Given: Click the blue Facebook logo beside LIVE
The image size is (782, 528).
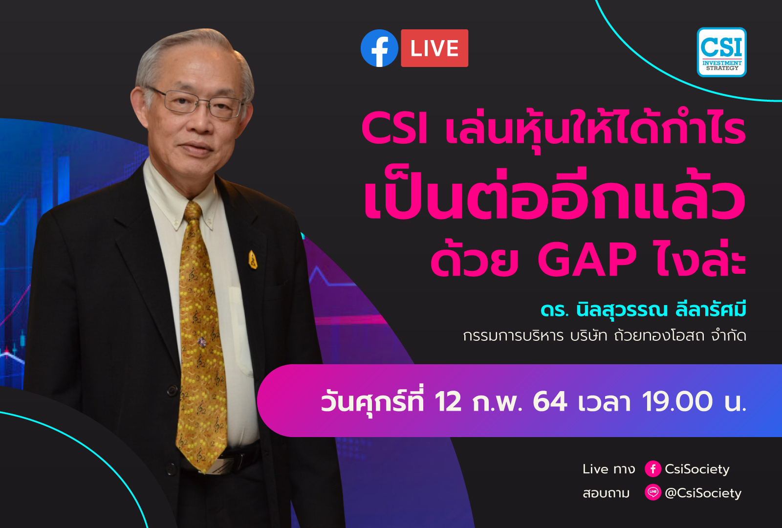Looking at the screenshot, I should point(379,48).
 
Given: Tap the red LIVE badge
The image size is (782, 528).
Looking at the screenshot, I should point(434,48).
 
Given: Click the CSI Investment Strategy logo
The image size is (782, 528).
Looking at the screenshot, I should point(721,52).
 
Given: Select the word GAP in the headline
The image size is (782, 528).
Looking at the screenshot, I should point(586,260).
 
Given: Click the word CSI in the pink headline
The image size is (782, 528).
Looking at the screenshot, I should point(394,129).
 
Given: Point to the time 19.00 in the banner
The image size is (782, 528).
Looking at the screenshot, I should point(677,402).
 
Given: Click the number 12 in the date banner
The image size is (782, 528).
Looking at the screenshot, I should point(447,402).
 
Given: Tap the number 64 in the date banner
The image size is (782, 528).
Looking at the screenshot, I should point(549,402).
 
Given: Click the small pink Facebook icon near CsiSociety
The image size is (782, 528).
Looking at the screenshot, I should point(652,469).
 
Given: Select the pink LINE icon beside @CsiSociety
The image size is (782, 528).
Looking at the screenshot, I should point(652,492).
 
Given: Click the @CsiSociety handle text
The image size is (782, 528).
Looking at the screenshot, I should point(703,493).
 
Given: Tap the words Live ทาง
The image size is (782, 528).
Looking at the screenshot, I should point(608,469).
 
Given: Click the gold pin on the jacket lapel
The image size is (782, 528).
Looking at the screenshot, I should point(253,260).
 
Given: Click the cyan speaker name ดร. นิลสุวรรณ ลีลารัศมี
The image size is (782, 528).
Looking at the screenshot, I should point(643,310).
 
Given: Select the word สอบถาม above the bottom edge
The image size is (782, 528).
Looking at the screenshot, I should point(606,493).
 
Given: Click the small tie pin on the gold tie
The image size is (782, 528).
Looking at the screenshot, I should point(201,342).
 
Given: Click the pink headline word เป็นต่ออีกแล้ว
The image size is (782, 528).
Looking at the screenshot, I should point(555,198).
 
